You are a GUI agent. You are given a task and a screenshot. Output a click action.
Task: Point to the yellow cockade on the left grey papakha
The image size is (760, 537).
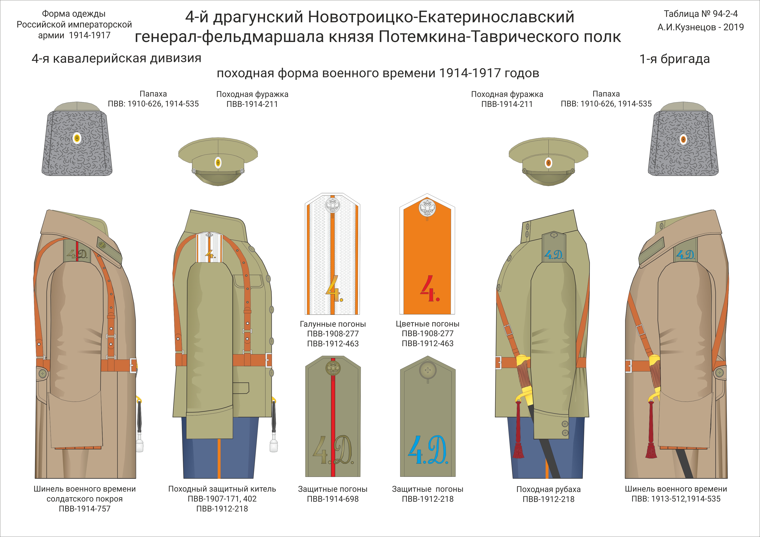[77, 138]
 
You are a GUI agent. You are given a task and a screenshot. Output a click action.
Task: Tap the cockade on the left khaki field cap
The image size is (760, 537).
[218, 162]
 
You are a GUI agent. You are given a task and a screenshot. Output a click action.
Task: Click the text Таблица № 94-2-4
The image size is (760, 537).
[701, 14]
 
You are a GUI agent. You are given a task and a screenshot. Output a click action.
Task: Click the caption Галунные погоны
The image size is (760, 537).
[333, 324]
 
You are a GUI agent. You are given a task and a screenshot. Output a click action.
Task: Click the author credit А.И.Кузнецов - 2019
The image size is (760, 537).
[700, 27]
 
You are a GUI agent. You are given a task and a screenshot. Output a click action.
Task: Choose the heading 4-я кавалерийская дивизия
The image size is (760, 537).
[116, 59]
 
